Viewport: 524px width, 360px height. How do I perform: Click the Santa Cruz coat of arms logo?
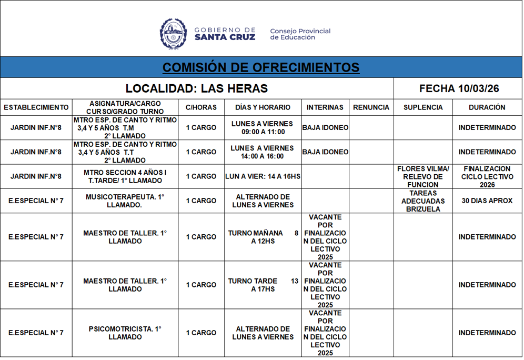tap(173, 34)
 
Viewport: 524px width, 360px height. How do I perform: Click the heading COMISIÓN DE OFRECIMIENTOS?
tap(261, 67)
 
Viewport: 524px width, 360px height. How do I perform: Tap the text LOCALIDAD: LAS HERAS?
tap(197, 88)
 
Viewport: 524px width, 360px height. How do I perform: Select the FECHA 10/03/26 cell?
tap(459, 88)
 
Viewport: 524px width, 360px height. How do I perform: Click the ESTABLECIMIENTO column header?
tap(36, 107)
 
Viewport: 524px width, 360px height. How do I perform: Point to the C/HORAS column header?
tap(201, 107)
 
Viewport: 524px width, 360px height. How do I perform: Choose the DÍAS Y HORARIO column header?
tap(263, 107)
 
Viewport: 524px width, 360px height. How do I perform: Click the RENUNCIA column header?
tap(371, 107)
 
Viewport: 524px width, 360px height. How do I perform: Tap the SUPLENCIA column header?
tap(423, 107)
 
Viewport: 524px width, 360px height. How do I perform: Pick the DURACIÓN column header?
tap(487, 107)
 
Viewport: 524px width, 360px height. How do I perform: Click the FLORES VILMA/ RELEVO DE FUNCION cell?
tap(423, 176)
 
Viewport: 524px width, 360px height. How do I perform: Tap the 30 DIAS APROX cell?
tap(487, 201)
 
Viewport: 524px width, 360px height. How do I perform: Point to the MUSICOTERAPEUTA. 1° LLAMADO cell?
tap(125, 201)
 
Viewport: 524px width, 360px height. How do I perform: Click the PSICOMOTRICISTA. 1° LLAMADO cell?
tap(125, 333)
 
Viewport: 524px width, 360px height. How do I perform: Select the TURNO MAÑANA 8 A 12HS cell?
tap(263, 237)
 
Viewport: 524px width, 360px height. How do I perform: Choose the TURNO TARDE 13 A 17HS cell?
tap(263, 285)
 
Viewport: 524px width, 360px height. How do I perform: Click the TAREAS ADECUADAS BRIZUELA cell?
tap(423, 201)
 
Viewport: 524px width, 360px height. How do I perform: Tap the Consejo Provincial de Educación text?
tap(300, 34)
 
